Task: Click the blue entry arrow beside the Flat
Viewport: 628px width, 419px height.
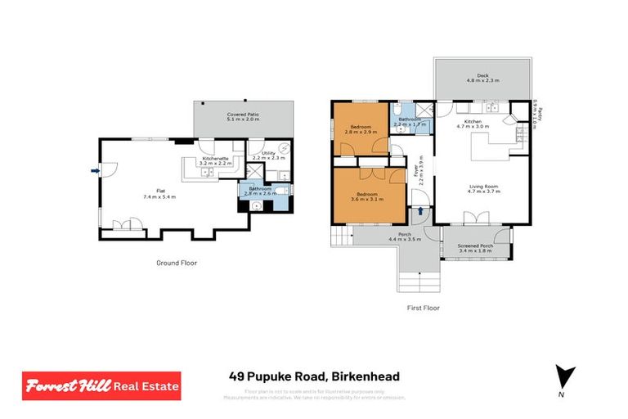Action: [96, 171]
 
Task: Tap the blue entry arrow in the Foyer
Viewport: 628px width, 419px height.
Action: [421, 210]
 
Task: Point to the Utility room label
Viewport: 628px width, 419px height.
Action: [268, 153]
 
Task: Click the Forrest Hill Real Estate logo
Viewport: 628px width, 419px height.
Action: [101, 385]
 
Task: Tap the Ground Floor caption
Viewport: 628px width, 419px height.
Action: [177, 263]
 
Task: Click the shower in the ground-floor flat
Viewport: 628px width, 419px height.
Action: [256, 173]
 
